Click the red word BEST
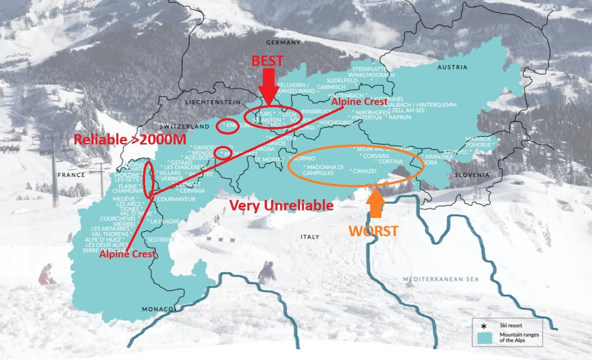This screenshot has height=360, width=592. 267,61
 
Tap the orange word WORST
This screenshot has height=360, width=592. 373,231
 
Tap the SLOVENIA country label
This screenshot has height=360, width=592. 472,175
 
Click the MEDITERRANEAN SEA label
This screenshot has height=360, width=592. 440,280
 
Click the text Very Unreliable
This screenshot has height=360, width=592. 281,205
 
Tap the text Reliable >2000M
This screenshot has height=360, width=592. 129,139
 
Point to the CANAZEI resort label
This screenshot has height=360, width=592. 365,171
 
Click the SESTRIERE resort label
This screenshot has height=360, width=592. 162,240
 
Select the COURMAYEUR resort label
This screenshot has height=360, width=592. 176,199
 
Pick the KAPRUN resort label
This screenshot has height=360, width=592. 400,117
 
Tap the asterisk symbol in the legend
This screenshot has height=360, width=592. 484,326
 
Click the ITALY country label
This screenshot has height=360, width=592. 309,237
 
